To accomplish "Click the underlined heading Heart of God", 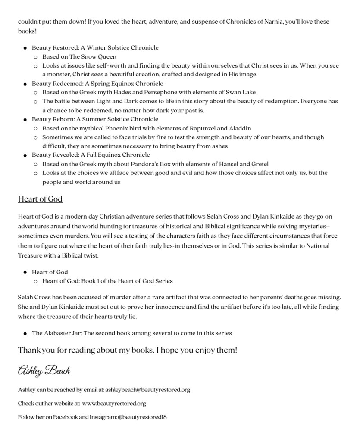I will pyautogui.click(x=40, y=199).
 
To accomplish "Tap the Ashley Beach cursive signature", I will pyautogui.click(x=44, y=370).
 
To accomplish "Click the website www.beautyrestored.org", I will pyautogui.click(x=114, y=404).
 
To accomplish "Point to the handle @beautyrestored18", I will pyautogui.click(x=142, y=417).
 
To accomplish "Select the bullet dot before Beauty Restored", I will pyautogui.click(x=25, y=48).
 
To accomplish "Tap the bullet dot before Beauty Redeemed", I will pyautogui.click(x=25, y=84).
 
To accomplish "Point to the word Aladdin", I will pyautogui.click(x=240, y=128).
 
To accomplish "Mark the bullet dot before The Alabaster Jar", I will pyautogui.click(x=25, y=333).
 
